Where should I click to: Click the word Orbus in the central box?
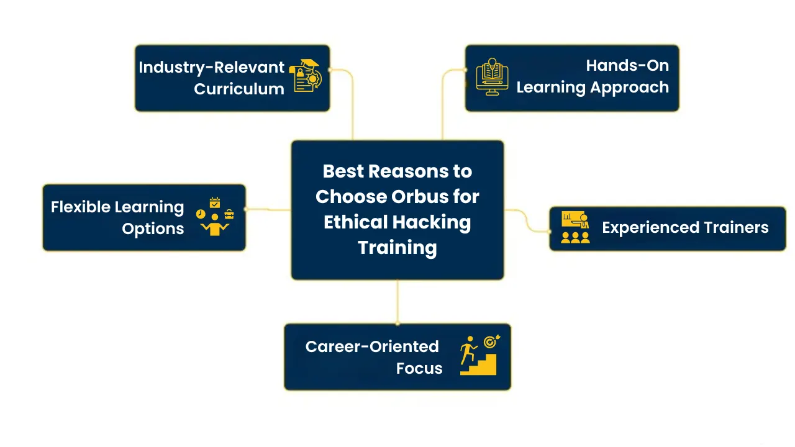point(419,197)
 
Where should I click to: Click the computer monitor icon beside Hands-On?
point(492,77)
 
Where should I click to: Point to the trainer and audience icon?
point(575,227)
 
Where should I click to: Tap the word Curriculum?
point(239,89)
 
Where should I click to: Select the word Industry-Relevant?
point(211,67)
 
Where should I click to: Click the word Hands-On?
point(627,65)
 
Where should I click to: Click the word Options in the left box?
point(153,228)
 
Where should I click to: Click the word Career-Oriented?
point(372,346)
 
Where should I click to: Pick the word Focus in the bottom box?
point(419,368)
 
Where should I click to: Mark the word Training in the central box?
point(397,248)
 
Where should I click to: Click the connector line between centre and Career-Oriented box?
point(397,302)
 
